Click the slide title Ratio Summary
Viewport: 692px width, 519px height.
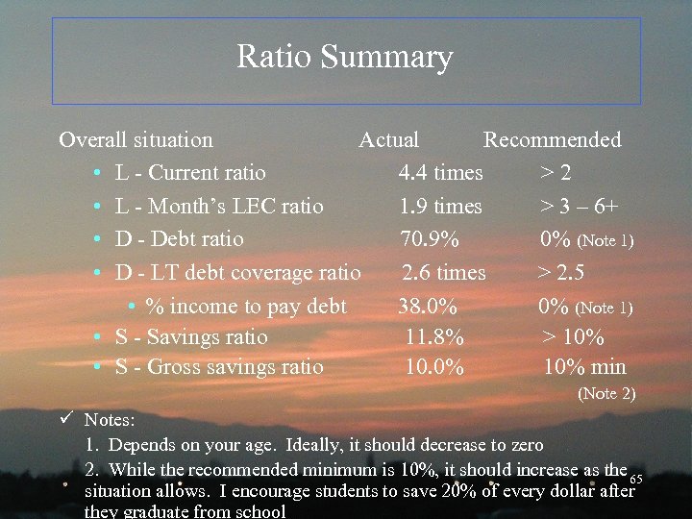coord(345,58)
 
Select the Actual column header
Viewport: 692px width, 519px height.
coord(388,140)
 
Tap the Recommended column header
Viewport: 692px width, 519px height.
coord(552,140)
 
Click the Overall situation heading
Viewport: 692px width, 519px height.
coord(136,140)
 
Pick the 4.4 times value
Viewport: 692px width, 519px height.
coord(440,174)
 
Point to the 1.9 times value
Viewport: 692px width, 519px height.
coord(440,207)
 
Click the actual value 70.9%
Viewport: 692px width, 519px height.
coord(430,239)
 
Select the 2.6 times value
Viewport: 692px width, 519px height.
coord(443,273)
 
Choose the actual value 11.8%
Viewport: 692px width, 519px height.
coord(434,337)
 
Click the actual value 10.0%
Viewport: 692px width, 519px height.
coord(434,367)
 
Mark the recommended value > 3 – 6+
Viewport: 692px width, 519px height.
coord(578,207)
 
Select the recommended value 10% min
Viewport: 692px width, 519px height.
coord(584,367)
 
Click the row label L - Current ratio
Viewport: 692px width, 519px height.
coord(190,174)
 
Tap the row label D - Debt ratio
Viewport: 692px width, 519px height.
coord(179,239)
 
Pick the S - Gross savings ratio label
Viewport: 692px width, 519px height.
coord(219,367)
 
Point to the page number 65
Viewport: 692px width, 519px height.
coord(635,478)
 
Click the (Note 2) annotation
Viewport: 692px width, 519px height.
coord(605,393)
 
